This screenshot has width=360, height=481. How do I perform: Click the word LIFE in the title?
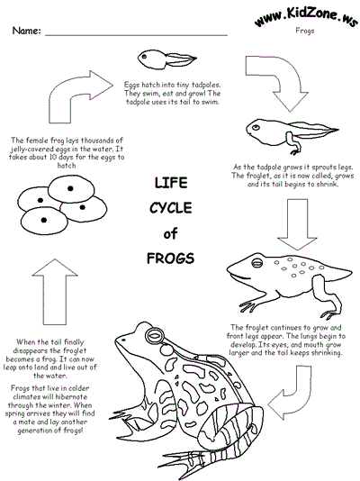pyautogui.click(x=171, y=183)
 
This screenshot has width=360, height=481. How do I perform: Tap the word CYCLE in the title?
pyautogui.click(x=171, y=208)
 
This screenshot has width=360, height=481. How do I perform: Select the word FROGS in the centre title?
pyautogui.click(x=170, y=259)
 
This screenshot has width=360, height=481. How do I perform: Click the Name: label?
pyautogui.click(x=27, y=31)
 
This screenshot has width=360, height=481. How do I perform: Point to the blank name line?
pyautogui.click(x=136, y=35)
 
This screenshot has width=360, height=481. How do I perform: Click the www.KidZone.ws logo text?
pyautogui.click(x=306, y=17)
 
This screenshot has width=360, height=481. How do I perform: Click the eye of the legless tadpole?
pyautogui.click(x=144, y=57)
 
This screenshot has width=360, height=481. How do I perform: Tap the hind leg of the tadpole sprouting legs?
pyautogui.click(x=293, y=143)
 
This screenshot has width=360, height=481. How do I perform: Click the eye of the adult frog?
pyautogui.click(x=155, y=335)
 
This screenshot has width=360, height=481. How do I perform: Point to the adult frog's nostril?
pyautogui.click(x=123, y=340)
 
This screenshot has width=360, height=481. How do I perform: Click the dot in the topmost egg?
pyautogui.click(x=70, y=188)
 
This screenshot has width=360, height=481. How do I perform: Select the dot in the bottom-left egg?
pyautogui.click(x=44, y=220)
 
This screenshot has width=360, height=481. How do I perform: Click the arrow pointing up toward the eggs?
pyautogui.click(x=55, y=292)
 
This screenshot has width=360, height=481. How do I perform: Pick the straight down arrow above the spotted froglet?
pyautogui.click(x=297, y=224)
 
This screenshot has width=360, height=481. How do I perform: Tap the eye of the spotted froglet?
pyautogui.click(x=256, y=263)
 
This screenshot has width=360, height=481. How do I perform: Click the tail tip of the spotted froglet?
pyautogui.click(x=350, y=271)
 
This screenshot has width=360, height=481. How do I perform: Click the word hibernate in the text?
pyautogui.click(x=71, y=396)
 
